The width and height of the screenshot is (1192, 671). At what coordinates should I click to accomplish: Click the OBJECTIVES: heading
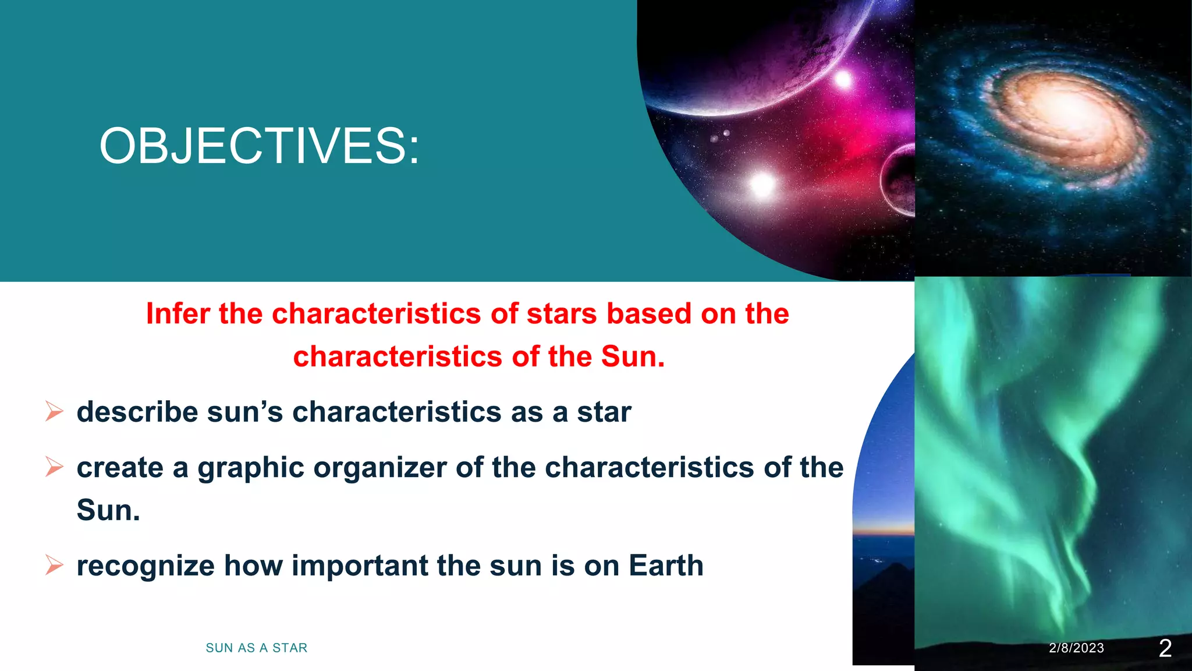pos(259,146)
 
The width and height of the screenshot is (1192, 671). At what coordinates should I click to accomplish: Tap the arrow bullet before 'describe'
pos(54,412)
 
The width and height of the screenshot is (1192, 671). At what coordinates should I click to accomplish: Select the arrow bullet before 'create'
pos(54,467)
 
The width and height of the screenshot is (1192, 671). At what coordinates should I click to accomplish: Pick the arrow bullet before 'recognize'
pos(54,565)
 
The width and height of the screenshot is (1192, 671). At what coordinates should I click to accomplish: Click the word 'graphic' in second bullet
pos(250,468)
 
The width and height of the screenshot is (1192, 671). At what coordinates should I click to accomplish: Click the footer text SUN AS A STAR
pos(256,648)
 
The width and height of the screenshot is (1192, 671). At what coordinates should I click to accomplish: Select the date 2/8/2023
pos(1076,648)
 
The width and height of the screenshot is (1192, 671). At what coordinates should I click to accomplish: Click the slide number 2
pos(1165,648)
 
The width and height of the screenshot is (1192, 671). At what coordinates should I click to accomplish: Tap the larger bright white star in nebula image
pos(762,185)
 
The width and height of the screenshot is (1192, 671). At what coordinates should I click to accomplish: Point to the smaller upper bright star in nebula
pos(843,79)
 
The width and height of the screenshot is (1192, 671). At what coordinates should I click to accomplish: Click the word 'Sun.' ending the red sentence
pos(633,356)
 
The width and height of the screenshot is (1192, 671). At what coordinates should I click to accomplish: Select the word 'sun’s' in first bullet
pos(244,412)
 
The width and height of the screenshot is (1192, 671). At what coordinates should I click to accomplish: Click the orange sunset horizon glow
pos(884,531)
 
